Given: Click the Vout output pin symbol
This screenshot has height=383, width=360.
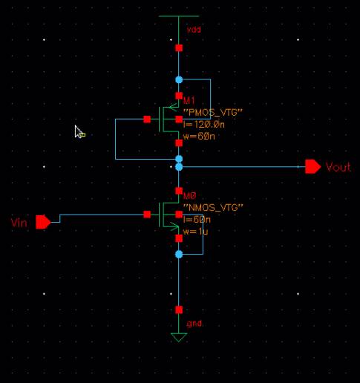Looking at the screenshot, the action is (x=313, y=167).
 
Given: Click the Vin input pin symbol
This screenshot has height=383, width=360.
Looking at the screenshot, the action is (x=43, y=222).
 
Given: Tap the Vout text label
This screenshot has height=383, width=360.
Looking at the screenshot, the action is (x=338, y=167).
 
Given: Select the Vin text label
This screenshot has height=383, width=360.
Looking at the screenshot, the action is (x=19, y=223).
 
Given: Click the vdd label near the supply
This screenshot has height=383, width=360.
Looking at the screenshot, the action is (x=194, y=30).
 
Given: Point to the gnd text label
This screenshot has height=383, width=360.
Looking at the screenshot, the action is (x=194, y=324).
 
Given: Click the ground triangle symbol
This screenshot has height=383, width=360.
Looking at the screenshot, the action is (x=179, y=337).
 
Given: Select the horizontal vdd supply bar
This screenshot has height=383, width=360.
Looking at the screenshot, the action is (x=179, y=16).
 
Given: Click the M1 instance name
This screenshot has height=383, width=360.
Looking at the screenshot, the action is (x=189, y=100).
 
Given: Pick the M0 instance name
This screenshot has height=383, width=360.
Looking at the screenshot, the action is (x=190, y=196).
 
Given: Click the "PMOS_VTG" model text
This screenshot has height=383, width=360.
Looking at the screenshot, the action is (x=213, y=112).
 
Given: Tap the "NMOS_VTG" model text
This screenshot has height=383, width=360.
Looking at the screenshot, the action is (x=213, y=207).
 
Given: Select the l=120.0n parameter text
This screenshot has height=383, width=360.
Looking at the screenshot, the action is (x=204, y=125).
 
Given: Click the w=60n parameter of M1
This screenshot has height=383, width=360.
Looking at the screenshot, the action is (x=199, y=136).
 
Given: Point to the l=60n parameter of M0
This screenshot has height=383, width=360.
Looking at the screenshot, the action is (x=197, y=220).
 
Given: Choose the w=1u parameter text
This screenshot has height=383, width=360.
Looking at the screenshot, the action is (x=195, y=232).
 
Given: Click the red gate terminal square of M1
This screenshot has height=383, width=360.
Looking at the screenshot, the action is (x=147, y=120).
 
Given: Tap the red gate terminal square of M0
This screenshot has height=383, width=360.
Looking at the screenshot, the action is (x=147, y=215).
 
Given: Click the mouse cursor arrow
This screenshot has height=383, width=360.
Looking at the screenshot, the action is (x=79, y=131).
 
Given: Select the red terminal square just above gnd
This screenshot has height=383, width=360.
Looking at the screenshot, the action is (x=179, y=310).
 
